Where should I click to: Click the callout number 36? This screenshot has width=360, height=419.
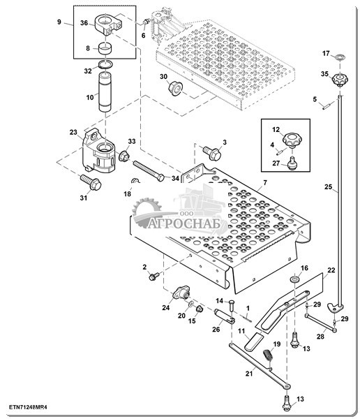(x=84, y=23)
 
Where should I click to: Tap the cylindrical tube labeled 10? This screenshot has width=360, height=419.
(x=105, y=91)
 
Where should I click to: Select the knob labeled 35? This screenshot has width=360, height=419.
(x=340, y=80)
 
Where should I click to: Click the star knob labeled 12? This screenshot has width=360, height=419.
(x=292, y=139)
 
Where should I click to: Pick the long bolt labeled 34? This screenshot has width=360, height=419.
(x=149, y=171)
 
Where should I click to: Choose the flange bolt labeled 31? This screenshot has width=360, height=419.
(x=91, y=182)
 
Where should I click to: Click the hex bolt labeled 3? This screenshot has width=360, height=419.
(x=212, y=153)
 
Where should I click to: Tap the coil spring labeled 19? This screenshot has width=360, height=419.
(x=268, y=355)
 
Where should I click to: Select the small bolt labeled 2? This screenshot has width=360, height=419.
(x=153, y=276)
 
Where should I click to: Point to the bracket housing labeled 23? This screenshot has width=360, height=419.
(x=98, y=152)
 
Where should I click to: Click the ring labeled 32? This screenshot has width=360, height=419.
(x=106, y=64)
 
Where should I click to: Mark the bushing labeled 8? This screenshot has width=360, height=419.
(x=105, y=48)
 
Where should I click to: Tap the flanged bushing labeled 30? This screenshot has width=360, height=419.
(x=176, y=89)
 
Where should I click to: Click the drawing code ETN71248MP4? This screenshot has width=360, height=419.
(x=29, y=407)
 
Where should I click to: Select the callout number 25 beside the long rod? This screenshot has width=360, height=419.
(x=328, y=186)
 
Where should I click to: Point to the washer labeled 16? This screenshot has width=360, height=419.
(x=295, y=279)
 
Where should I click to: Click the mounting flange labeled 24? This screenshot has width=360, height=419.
(x=181, y=293)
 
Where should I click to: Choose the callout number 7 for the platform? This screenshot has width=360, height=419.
(x=264, y=182)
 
